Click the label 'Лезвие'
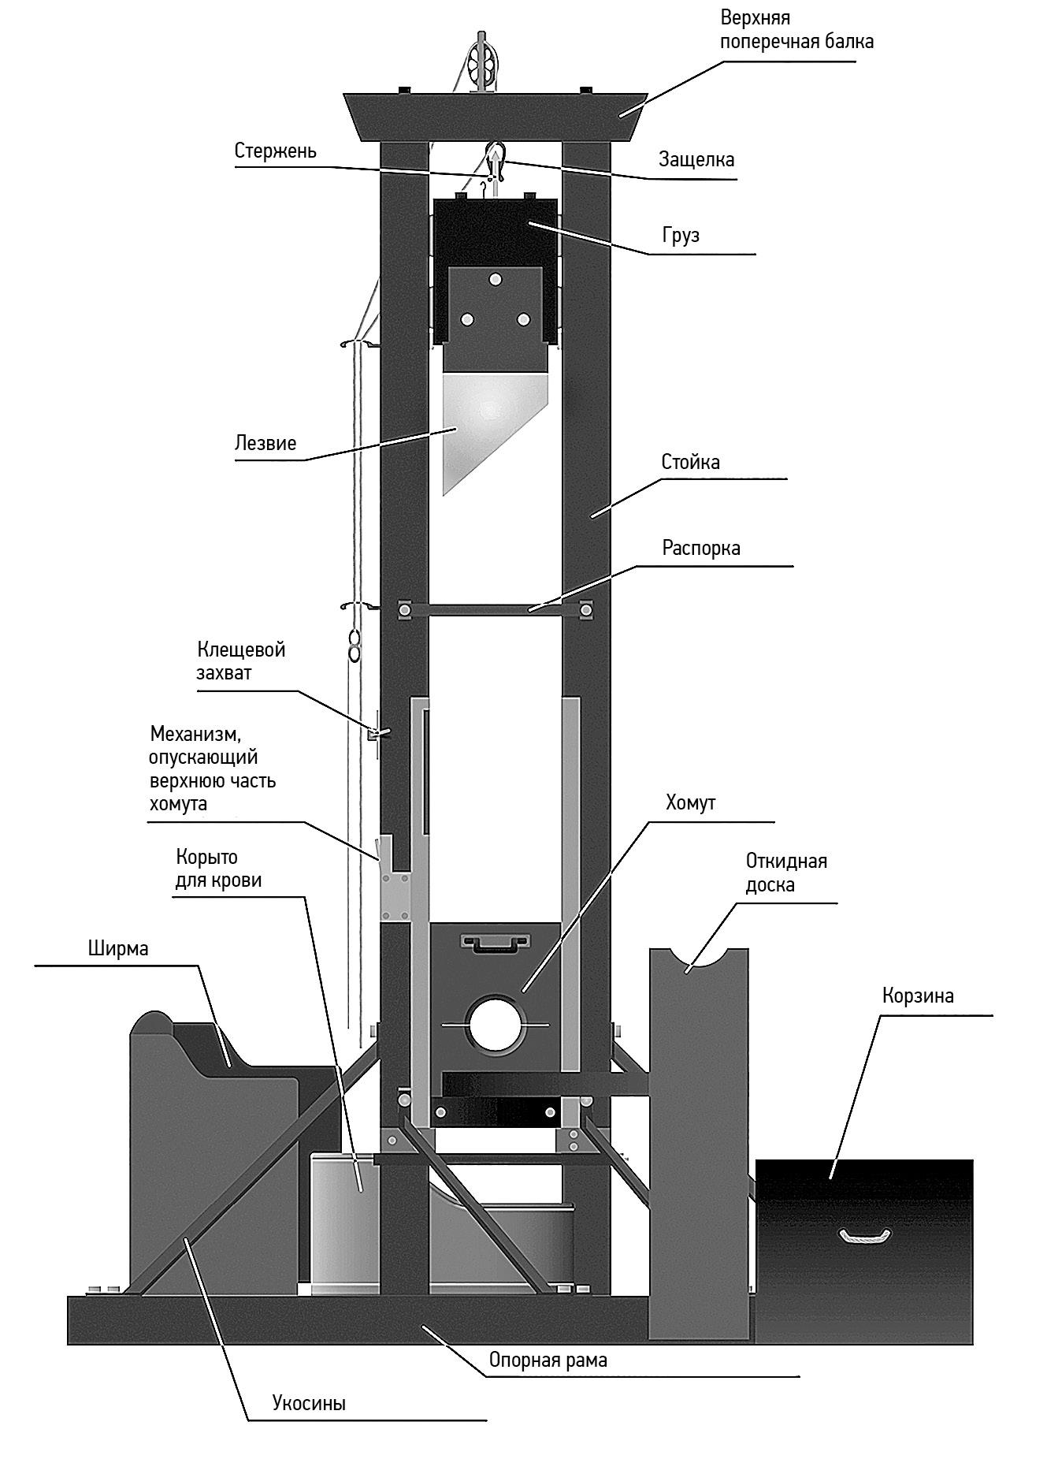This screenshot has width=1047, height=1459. coord(265,443)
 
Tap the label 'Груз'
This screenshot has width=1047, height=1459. coord(681,236)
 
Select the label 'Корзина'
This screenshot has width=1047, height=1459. coord(918,996)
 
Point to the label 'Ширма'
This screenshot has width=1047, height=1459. coord(118,948)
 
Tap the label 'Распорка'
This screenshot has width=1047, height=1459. coord(700,548)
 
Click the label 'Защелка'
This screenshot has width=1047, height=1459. coord(696,159)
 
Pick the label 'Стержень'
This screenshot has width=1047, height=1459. coord(275,151)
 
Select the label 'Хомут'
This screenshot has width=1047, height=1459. coord(690,803)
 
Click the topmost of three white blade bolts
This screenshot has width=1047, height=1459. coord(495,279)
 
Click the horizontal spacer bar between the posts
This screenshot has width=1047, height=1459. coord(495,609)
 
